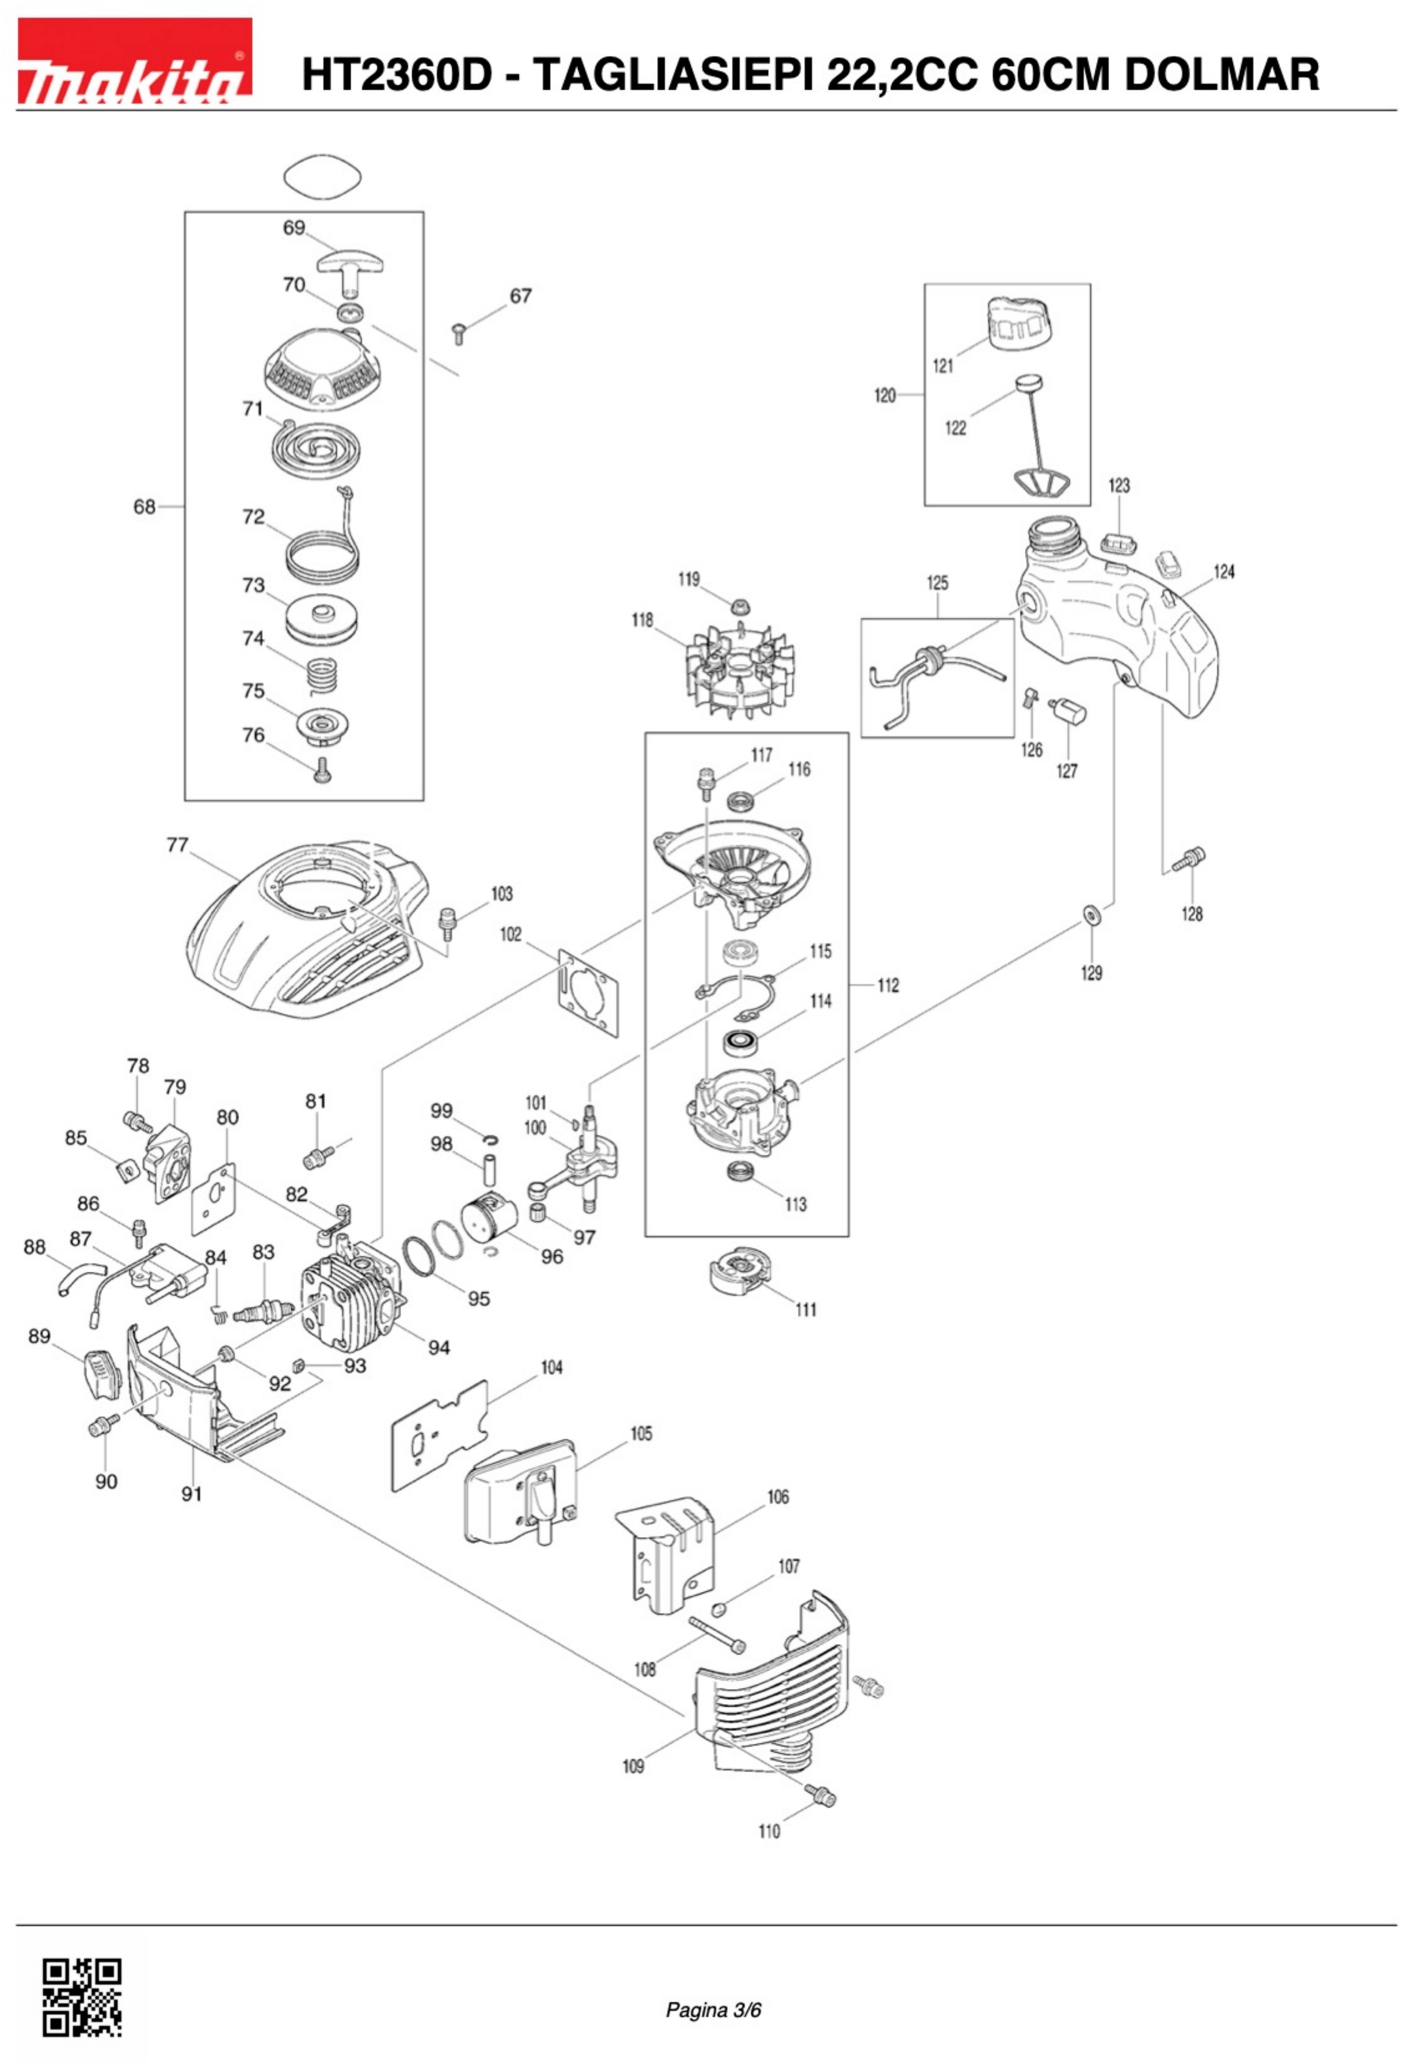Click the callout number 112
tap(887, 985)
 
